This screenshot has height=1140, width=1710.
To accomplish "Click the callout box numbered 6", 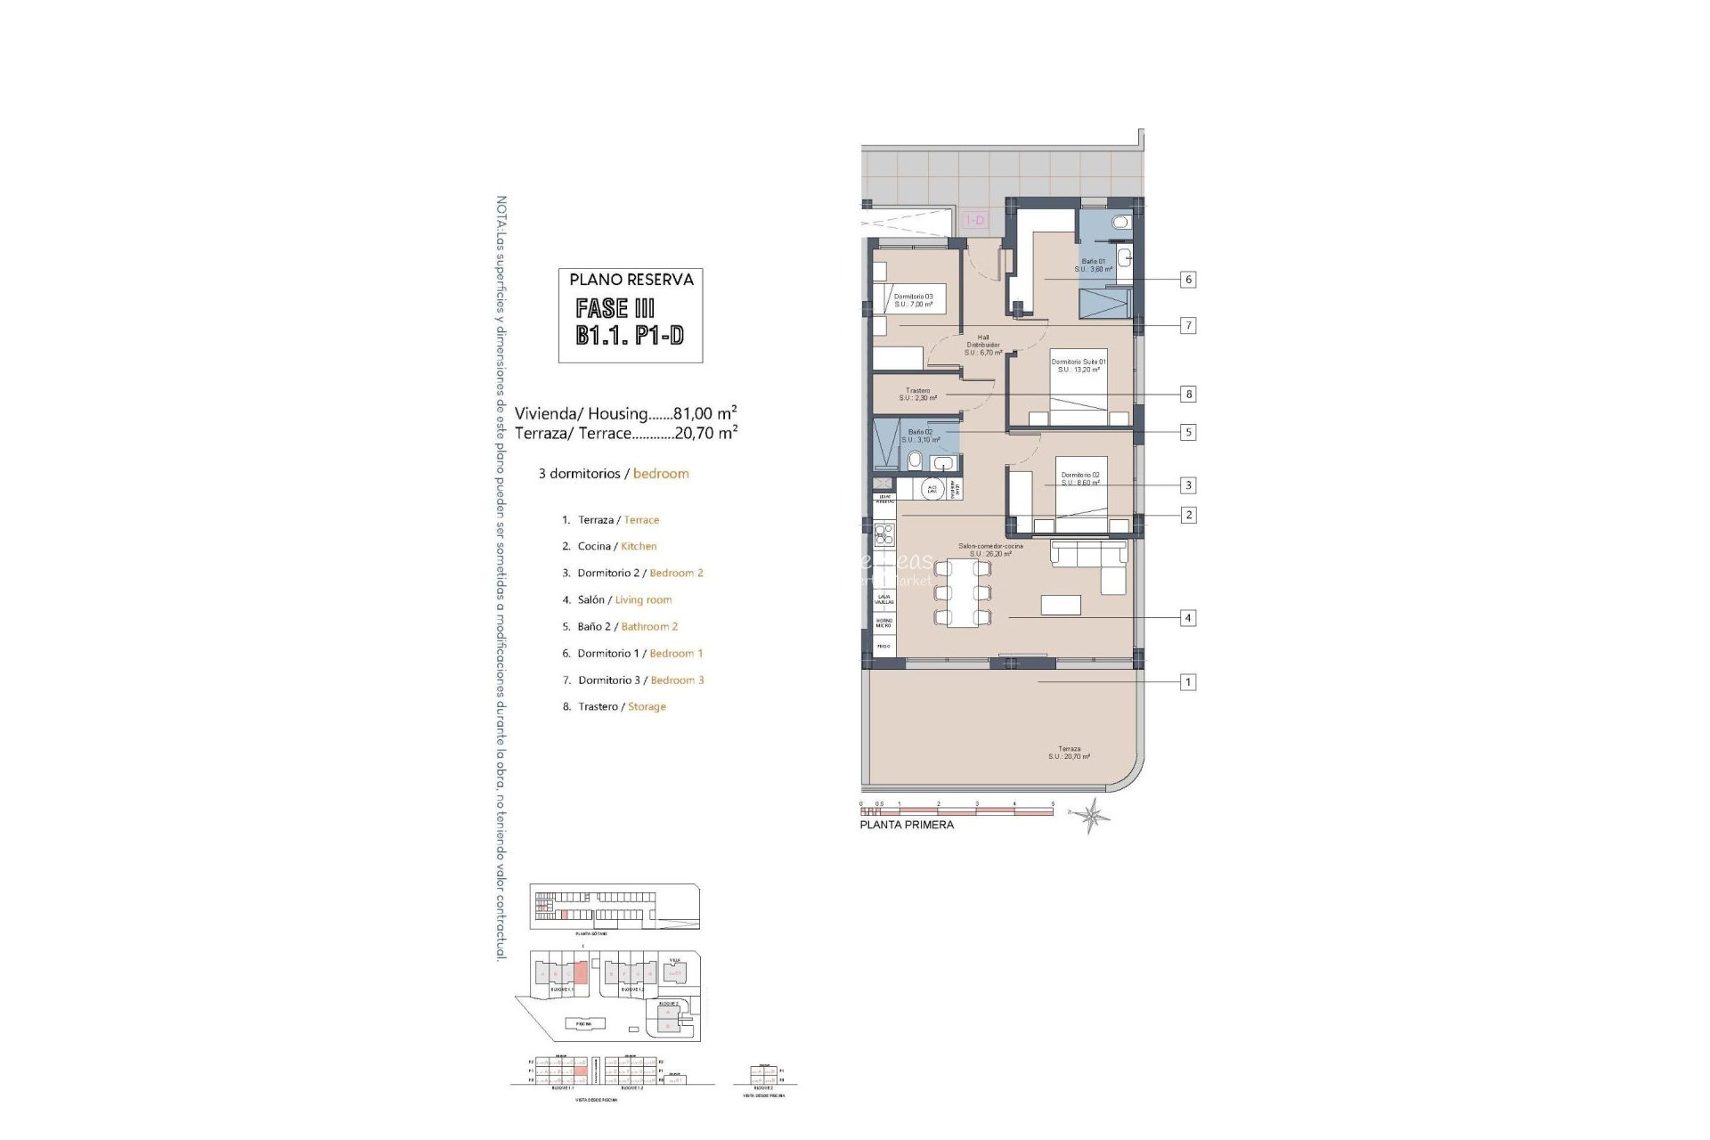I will pyautogui.click(x=1187, y=280).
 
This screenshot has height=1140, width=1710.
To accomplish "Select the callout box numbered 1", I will pyautogui.click(x=1187, y=682).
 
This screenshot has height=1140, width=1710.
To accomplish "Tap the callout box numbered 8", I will pyautogui.click(x=1187, y=394).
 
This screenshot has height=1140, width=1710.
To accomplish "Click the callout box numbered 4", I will pyautogui.click(x=1187, y=617).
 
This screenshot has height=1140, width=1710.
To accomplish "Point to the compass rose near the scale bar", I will pyautogui.click(x=1092, y=814).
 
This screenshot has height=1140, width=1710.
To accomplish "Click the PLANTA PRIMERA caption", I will pyautogui.click(x=906, y=825).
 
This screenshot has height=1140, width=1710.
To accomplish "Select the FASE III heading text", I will pyautogui.click(x=615, y=308).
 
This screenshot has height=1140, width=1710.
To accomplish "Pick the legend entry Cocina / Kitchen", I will pyautogui.click(x=616, y=546).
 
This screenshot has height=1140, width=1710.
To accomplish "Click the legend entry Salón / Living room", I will pyautogui.click(x=623, y=599).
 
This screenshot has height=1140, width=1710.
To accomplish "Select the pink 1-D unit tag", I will pyautogui.click(x=975, y=220).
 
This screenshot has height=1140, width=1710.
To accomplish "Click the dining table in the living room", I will pyautogui.click(x=963, y=593).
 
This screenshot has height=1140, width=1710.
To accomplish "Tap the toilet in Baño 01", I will pyautogui.click(x=1121, y=222).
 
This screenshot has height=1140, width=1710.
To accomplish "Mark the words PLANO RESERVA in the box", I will pyautogui.click(x=631, y=280).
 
